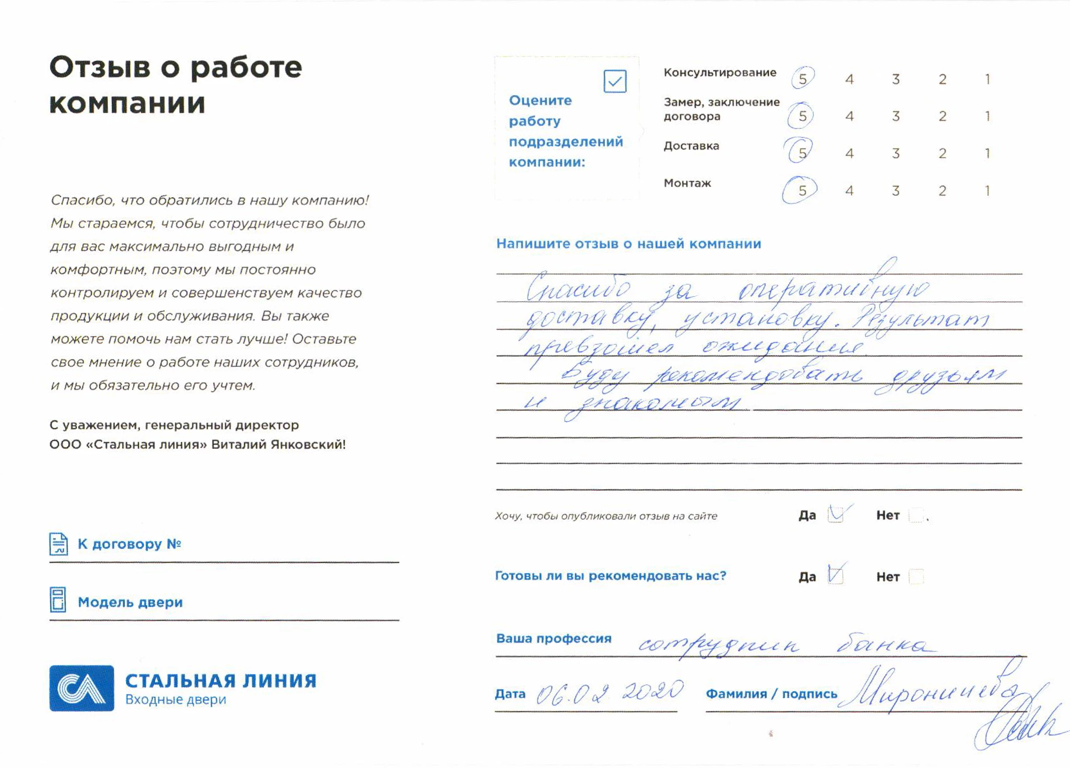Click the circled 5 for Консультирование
[x=803, y=79]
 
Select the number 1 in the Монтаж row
[x=987, y=190]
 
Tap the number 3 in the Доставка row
[x=895, y=153]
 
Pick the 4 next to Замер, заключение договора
[x=849, y=116]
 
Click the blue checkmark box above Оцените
[x=615, y=81]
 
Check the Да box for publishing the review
[x=835, y=515]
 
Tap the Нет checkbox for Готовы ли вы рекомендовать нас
[x=916, y=577]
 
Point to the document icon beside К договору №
[x=59, y=544]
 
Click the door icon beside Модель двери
[x=58, y=600]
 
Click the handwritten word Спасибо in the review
[x=578, y=289]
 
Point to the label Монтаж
[x=687, y=183]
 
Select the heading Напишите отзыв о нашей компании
[x=628, y=244]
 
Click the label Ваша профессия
[x=554, y=638]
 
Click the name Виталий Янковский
[x=278, y=444]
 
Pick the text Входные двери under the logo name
[x=176, y=699]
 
